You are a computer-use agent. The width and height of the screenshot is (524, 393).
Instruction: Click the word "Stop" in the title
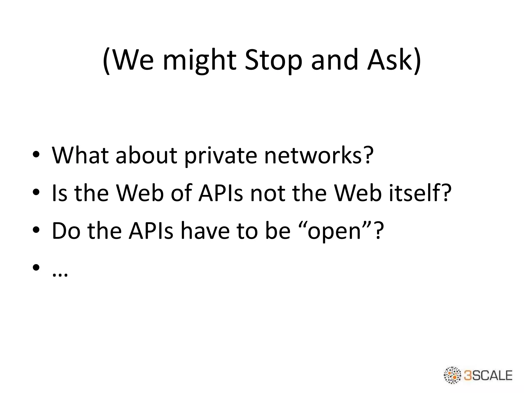tap(273, 60)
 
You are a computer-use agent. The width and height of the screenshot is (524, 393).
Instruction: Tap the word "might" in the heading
tap(199, 60)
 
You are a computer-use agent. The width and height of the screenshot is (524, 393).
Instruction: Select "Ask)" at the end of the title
tap(394, 60)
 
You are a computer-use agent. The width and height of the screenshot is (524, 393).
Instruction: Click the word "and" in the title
tap(334, 60)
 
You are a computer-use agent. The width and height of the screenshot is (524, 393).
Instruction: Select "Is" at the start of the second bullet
tap(60, 193)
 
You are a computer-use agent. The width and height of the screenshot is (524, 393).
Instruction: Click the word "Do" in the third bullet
tap(66, 231)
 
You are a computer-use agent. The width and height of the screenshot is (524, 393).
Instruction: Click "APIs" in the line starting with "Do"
tap(151, 231)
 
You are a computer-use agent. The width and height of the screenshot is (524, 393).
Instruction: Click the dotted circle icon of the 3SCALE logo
tap(452, 375)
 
